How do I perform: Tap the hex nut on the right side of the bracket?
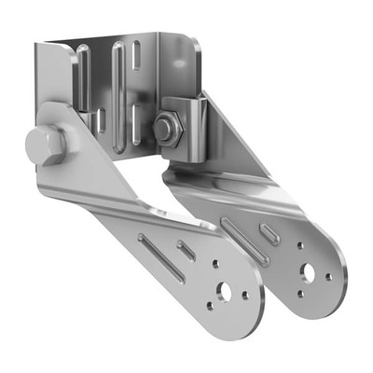[x=166, y=129]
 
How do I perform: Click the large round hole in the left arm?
[x=225, y=289]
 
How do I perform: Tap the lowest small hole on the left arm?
[x=213, y=304]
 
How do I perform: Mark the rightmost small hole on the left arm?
[x=245, y=295]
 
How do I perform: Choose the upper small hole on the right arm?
[x=300, y=246]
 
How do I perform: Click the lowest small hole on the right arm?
[x=299, y=293]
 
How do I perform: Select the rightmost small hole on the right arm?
[x=328, y=276]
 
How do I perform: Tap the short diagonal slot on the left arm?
[x=186, y=249]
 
